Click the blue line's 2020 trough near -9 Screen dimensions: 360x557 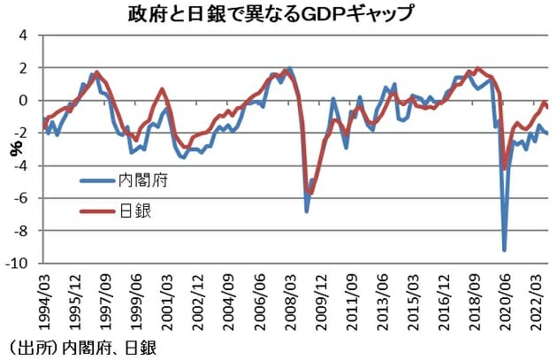[505, 249]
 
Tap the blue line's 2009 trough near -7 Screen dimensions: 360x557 [307, 211]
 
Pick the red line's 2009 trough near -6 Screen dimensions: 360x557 [310, 192]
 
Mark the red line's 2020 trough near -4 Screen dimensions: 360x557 [505, 167]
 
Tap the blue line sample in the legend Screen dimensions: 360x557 [95, 180]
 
